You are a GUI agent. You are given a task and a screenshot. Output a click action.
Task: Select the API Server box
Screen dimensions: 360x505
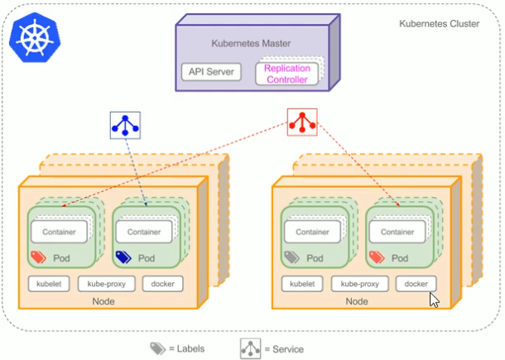210,72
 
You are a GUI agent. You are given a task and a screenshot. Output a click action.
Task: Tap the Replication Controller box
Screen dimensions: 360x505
286,74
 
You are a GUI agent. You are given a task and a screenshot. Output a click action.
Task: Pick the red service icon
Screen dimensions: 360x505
301,122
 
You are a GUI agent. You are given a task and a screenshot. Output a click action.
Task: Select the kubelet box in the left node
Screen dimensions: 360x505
50,284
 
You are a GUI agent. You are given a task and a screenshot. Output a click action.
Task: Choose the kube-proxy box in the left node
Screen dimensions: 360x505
106,284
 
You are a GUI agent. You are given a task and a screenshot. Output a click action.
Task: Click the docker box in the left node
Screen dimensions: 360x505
162,284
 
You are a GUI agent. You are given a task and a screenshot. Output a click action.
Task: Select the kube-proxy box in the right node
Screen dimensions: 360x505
359,284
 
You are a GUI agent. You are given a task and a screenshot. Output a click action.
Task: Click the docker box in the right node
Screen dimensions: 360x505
416,284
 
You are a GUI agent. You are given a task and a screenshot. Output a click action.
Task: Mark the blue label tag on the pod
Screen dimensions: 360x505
123,257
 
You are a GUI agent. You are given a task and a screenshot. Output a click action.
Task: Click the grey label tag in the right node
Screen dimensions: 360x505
291,257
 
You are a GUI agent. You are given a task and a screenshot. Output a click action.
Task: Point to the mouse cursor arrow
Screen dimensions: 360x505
433,299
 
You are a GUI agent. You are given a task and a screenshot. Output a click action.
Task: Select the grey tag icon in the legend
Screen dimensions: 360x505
157,348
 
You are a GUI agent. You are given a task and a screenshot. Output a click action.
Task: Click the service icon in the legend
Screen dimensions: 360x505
251,348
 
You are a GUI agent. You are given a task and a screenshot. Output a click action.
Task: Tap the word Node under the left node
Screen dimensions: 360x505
103,301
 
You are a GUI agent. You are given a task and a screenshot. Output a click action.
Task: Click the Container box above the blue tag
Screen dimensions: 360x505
144,232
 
